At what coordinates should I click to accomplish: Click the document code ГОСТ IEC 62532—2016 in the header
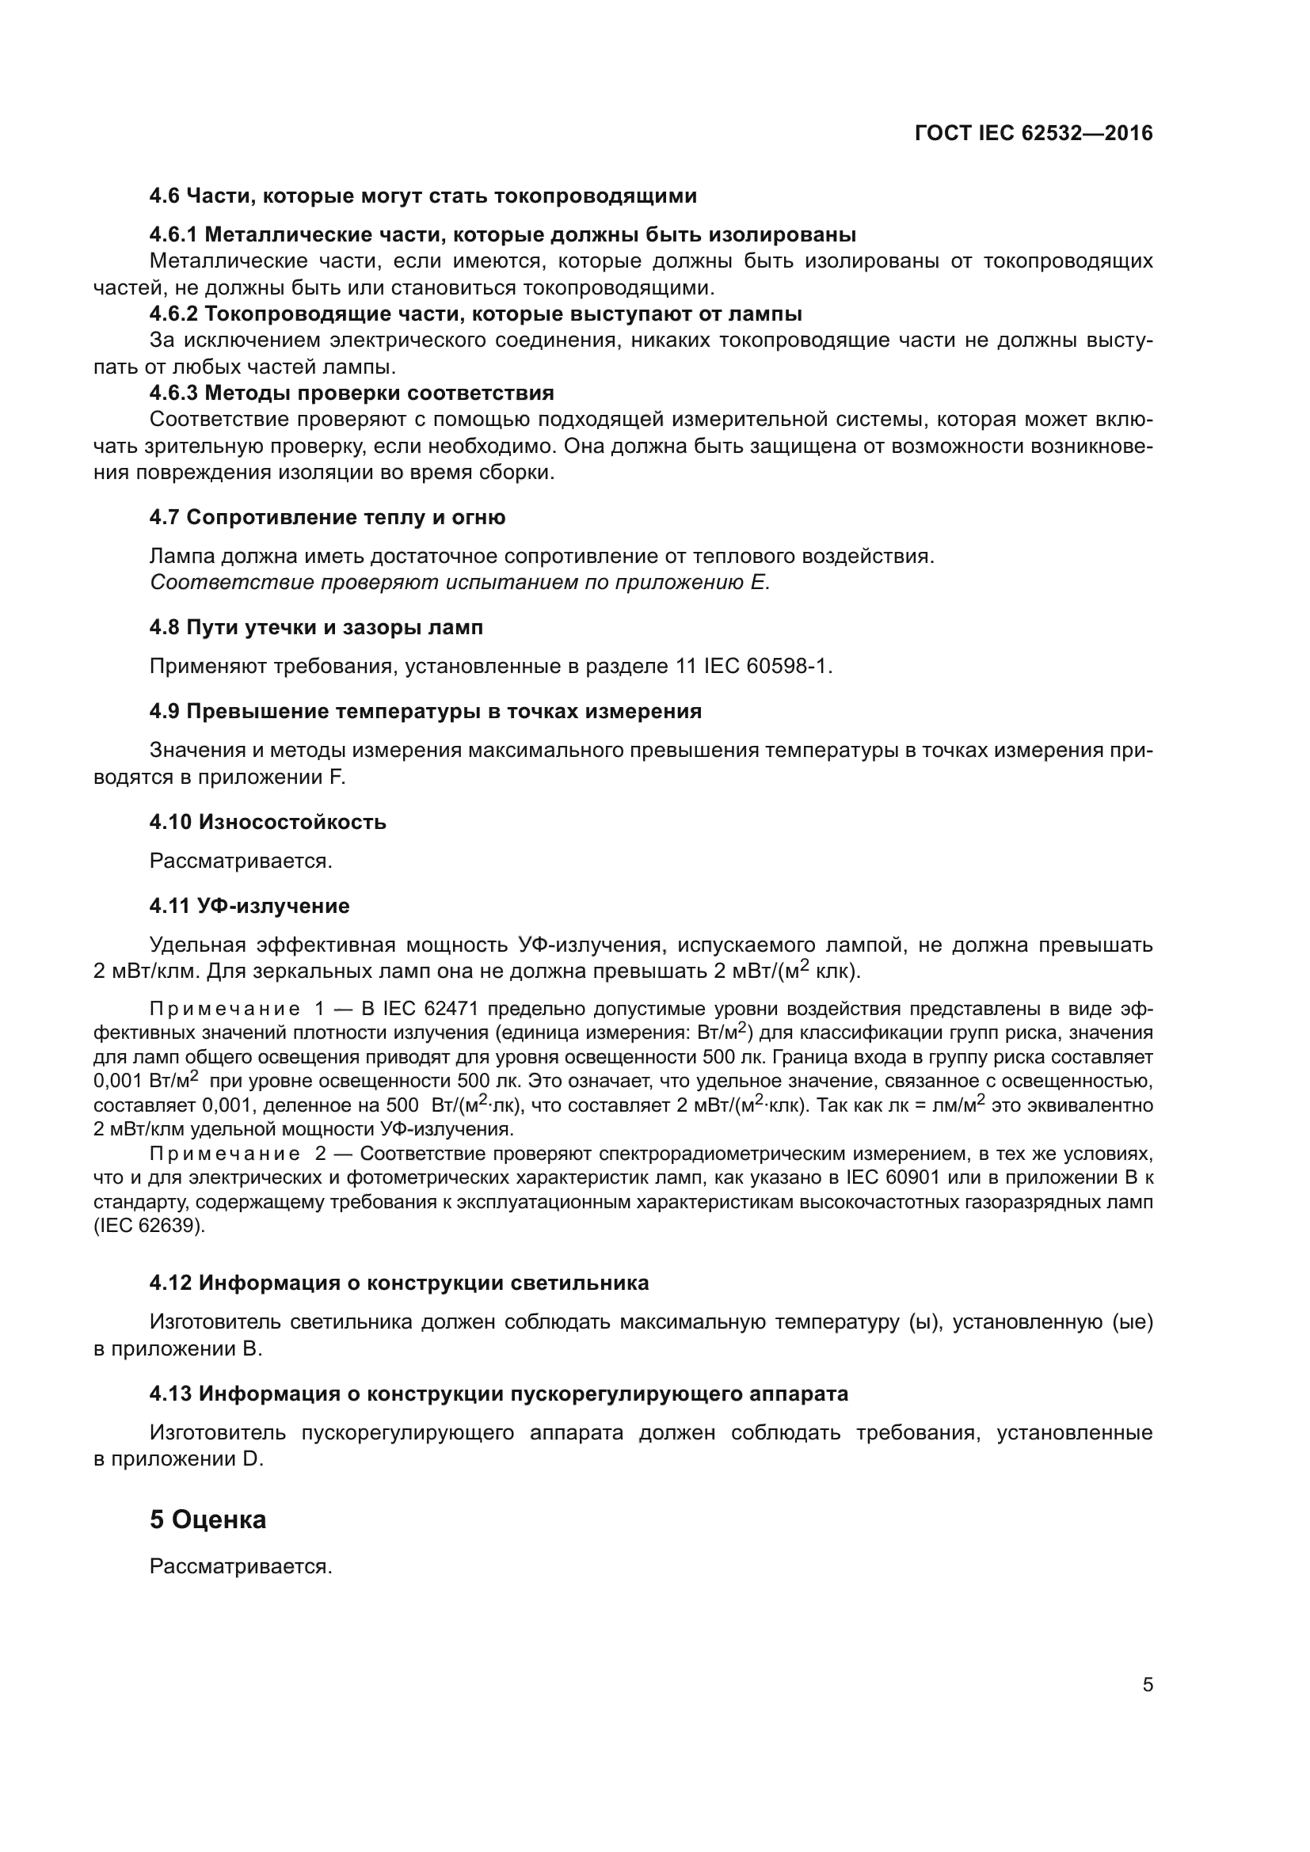(x=1034, y=133)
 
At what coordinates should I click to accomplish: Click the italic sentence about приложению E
(x=460, y=583)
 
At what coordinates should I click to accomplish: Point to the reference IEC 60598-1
(x=767, y=666)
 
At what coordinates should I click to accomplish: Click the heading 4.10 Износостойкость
(x=267, y=822)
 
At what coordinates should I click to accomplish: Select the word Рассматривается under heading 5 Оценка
(x=241, y=1566)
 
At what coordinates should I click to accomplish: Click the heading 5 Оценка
(x=208, y=1519)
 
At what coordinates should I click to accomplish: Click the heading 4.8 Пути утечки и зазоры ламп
(x=315, y=628)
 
